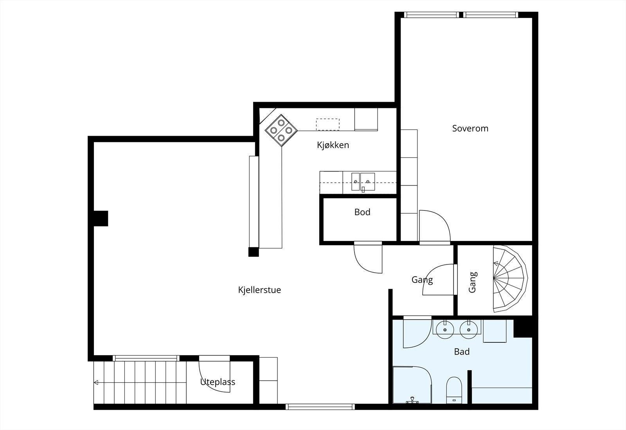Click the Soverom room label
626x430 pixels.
pos(470,128)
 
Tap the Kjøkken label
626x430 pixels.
pos(333,145)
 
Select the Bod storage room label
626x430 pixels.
pos(362,212)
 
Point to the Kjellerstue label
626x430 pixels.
pos(259,290)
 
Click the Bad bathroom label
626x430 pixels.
pos(462,351)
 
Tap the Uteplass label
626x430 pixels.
pos(218,382)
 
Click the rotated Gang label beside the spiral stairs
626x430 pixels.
pos(472,282)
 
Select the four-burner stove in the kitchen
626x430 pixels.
pos(281,130)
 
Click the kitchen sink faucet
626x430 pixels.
pos(363,189)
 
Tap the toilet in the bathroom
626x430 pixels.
pos(454,390)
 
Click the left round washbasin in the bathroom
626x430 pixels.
pos(444,329)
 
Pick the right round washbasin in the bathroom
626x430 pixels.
pos(469,329)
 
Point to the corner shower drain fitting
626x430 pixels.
pos(412,401)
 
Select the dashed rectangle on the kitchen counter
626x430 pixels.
pos(328,124)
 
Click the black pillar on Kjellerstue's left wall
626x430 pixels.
pos(101,218)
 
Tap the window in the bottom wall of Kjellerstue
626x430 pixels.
pos(320,407)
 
